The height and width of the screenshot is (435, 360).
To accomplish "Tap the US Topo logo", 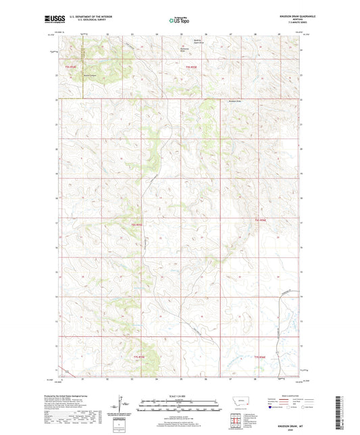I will (178, 20).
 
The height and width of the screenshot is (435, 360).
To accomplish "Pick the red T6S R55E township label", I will (137, 224).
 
